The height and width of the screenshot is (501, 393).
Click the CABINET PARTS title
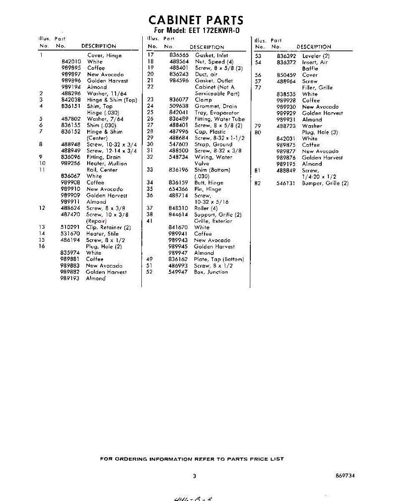[196, 20]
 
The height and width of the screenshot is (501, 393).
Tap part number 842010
[71, 62]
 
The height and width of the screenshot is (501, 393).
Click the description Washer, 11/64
[107, 94]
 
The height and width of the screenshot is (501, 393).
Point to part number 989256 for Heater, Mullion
[71, 164]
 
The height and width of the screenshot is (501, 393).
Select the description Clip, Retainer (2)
[108, 228]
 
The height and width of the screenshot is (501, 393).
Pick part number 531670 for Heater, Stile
[71, 234]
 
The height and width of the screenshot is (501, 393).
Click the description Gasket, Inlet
[212, 55]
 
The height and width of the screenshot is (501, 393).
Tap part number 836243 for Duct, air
[179, 74]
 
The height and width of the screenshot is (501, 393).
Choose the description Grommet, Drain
[216, 106]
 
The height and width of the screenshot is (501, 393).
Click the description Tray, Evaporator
[217, 113]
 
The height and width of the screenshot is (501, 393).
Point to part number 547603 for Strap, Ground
[179, 144]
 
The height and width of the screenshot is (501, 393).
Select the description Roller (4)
[206, 208]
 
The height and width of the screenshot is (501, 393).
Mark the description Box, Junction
[211, 272]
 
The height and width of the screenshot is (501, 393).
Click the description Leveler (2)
[316, 56]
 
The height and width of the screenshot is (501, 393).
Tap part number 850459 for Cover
[286, 75]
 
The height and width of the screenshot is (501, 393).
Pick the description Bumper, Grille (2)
[325, 183]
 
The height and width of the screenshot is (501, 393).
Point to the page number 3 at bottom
[194, 476]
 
